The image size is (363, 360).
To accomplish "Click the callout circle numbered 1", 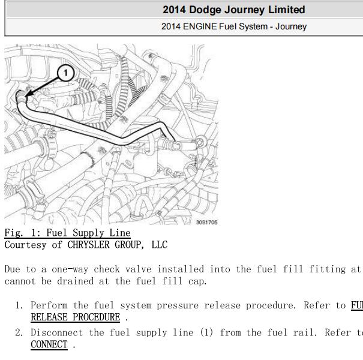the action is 66,73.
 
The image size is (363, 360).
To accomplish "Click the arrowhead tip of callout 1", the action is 25,97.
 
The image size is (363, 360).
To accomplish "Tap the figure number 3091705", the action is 207,222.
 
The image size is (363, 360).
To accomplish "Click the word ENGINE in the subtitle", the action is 200,26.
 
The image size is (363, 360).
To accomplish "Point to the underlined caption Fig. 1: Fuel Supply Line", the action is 68,233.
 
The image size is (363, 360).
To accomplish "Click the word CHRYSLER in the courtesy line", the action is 88,245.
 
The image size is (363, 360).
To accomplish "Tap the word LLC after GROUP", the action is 159,245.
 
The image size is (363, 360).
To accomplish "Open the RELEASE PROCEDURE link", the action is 76,317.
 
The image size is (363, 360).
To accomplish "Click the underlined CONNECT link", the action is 49,344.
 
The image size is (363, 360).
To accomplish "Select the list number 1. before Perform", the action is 19,305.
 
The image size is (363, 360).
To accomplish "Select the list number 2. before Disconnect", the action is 19,332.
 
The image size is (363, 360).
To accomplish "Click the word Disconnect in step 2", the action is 57,332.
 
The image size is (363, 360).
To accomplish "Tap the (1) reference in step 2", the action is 206,332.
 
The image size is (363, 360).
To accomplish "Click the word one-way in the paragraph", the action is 70,269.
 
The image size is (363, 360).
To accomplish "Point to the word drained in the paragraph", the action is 75,281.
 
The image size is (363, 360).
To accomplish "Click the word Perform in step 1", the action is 49,305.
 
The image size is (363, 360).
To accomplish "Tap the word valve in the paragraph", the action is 139,269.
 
